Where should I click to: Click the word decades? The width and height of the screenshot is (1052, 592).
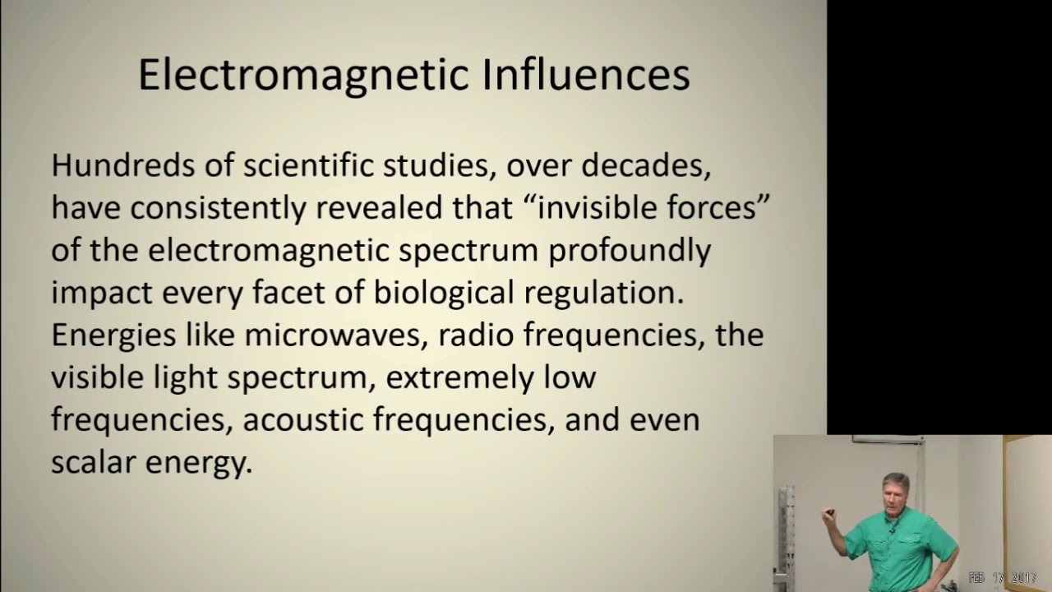tap(644, 165)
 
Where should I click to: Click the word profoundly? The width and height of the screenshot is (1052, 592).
tap(630, 251)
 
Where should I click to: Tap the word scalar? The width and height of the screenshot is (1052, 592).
tap(93, 463)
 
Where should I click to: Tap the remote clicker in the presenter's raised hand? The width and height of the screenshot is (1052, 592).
tap(830, 513)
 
